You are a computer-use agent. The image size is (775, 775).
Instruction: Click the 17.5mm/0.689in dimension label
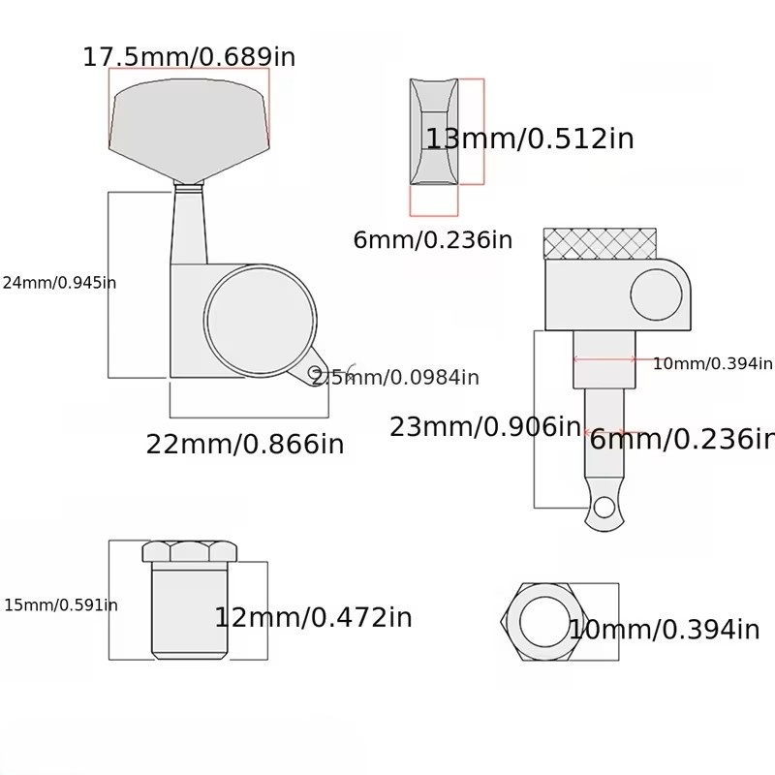point(189,57)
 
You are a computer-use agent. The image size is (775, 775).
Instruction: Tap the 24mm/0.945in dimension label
point(59,283)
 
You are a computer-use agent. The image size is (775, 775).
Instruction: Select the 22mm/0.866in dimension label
point(245,444)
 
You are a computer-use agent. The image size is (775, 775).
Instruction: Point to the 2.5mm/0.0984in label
point(395,378)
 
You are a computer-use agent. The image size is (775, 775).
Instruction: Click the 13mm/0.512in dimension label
point(529,139)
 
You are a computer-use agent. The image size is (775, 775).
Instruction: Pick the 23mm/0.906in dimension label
point(485,426)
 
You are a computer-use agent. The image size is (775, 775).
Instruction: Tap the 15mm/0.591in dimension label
point(61,604)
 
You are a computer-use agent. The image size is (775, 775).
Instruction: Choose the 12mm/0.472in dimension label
point(313,617)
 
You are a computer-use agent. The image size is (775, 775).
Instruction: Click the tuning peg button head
point(189,129)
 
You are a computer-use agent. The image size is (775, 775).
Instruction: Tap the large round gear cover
point(261,321)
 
